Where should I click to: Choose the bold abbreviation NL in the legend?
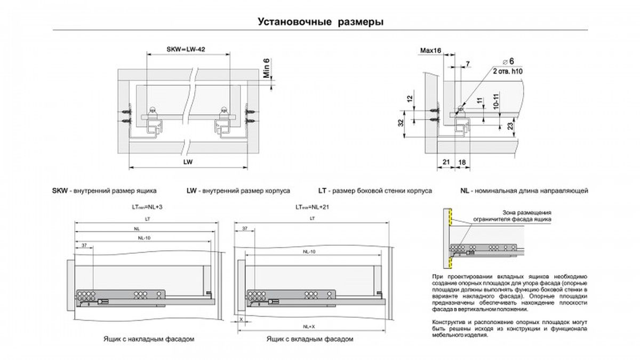coord(465,190)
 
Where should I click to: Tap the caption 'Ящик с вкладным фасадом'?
coord(309,339)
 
